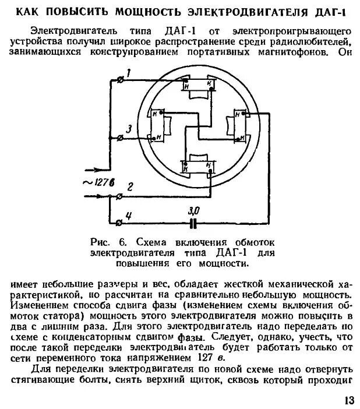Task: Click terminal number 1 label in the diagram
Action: [129, 72]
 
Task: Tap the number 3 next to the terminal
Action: [129, 128]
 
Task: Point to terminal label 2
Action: [130, 187]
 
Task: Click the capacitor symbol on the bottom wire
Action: [193, 222]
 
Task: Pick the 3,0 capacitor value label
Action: [194, 210]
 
